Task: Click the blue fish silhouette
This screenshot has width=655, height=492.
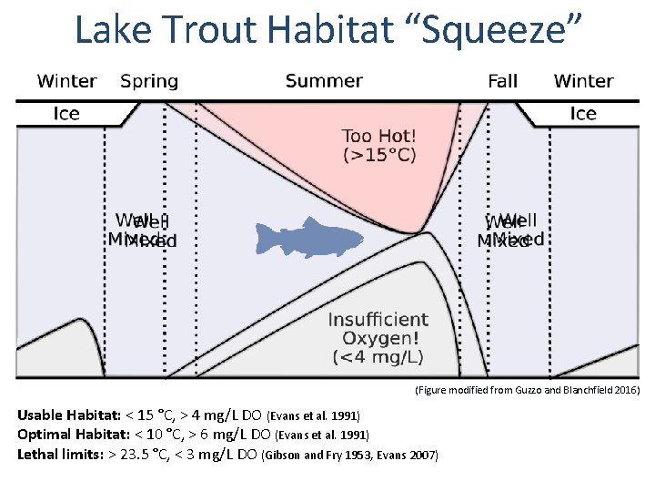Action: (x=309, y=239)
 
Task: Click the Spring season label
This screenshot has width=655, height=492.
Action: (x=149, y=81)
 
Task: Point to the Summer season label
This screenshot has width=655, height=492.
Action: (x=324, y=81)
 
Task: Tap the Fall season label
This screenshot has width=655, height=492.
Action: (x=502, y=81)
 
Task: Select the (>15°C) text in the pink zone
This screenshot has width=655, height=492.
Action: (x=378, y=155)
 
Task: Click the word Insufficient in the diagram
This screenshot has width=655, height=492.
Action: (x=378, y=320)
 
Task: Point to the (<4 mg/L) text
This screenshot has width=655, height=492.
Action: (x=378, y=356)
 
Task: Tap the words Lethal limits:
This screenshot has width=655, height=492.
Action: (x=58, y=454)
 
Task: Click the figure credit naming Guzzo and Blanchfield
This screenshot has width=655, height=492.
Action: (x=528, y=390)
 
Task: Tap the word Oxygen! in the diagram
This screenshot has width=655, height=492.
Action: (x=378, y=338)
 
